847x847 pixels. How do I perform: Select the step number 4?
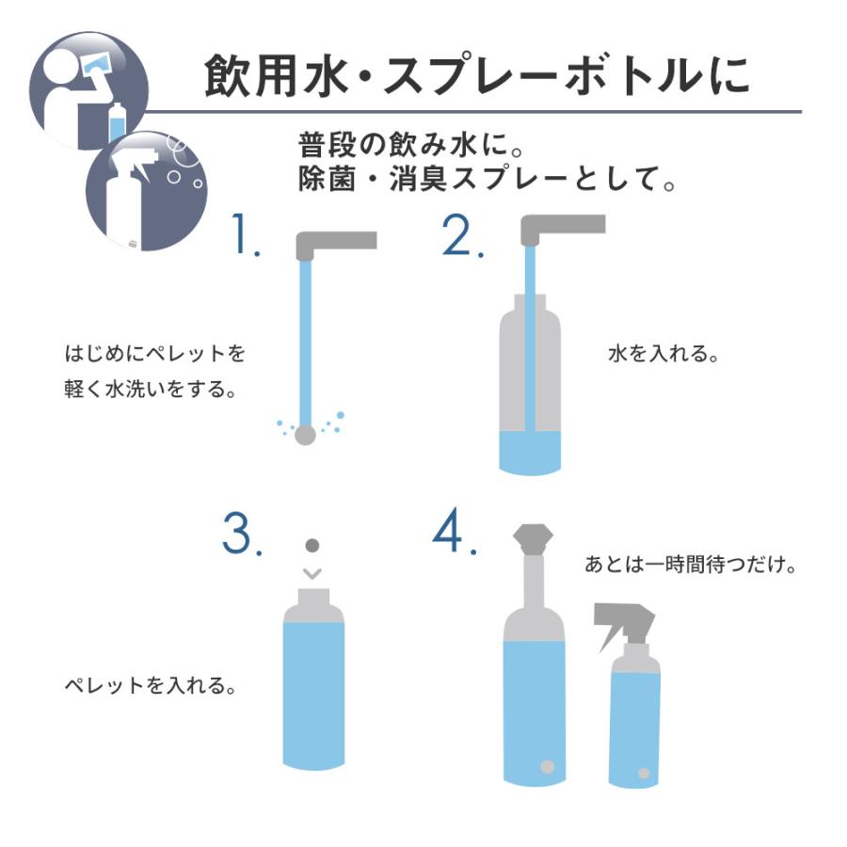[x=454, y=535]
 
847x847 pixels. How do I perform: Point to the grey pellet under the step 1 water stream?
[x=305, y=435]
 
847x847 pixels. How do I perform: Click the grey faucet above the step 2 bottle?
[x=562, y=227]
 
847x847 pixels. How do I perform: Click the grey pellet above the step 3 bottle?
[x=313, y=546]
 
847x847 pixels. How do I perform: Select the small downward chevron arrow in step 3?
[x=313, y=572]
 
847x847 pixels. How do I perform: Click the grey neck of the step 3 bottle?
[x=313, y=597]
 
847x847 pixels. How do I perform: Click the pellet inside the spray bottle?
[x=644, y=773]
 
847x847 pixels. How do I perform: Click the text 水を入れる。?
[x=663, y=356]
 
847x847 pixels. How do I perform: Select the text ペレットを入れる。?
[x=149, y=685]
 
